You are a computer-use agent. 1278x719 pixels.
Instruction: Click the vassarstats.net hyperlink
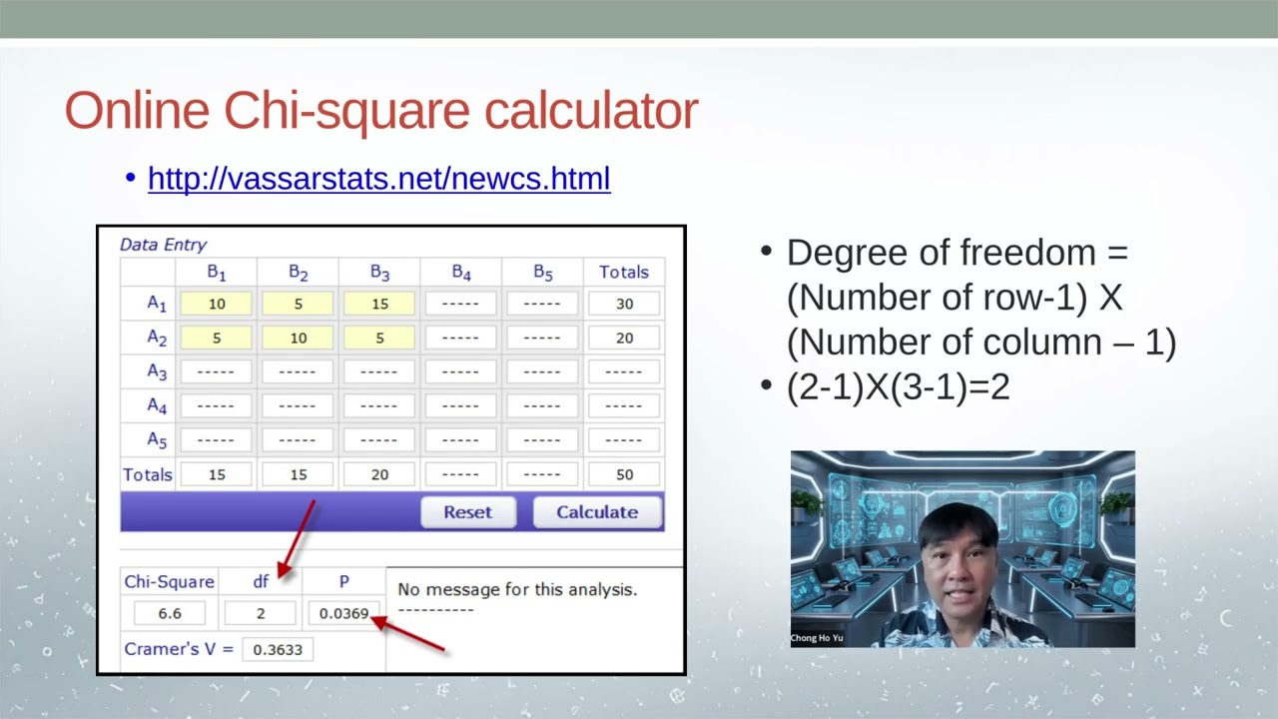[x=378, y=179]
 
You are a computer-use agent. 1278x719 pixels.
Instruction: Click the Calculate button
[x=597, y=512]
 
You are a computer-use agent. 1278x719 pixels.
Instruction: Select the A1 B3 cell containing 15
[x=379, y=304]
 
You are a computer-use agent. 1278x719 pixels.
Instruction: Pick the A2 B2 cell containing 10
[x=299, y=339]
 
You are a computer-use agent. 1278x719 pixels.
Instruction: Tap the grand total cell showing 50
[x=624, y=474]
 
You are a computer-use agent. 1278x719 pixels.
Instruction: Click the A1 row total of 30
[x=624, y=304]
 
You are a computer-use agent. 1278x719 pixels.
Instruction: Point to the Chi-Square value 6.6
[x=168, y=613]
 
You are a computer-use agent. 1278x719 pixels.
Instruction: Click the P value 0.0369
[x=343, y=613]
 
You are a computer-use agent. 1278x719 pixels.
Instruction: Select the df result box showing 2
[x=261, y=613]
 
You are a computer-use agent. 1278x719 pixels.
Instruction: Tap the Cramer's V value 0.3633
[x=278, y=649]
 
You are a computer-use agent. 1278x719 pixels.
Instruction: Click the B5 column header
[x=542, y=272]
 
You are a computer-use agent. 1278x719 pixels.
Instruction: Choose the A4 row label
[x=157, y=406]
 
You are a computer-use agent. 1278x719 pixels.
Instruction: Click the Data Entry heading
[x=163, y=245]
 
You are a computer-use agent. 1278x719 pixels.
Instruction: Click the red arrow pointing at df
[x=298, y=539]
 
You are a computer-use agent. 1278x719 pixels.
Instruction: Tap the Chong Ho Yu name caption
[x=817, y=638]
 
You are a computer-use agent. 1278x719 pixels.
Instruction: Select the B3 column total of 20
[x=379, y=474]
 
